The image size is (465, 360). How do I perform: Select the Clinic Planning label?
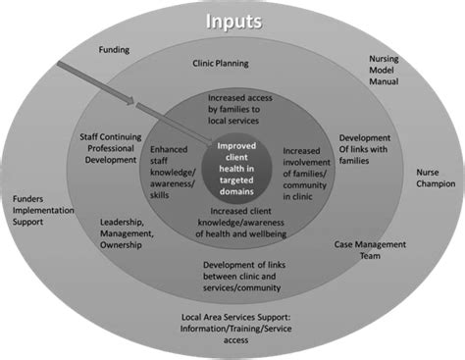[x=219, y=64]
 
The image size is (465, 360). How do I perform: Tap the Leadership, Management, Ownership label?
[x=128, y=233]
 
